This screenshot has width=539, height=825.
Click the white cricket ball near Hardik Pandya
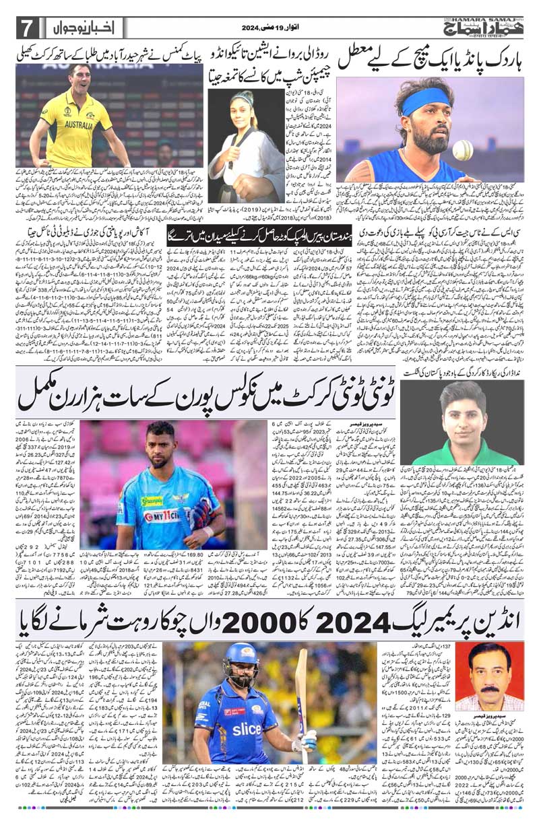point(463,150)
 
